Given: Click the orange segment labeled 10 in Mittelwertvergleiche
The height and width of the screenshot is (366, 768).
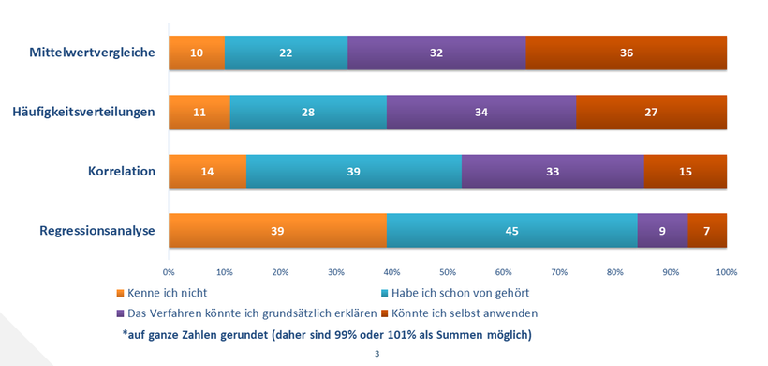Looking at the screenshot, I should (197, 53).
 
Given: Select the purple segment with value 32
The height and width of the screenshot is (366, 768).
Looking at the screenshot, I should (436, 53).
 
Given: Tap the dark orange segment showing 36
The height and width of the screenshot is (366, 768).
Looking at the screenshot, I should (627, 53).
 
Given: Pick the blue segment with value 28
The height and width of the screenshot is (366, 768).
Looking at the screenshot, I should (308, 113).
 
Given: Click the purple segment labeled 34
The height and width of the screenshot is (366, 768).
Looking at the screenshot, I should (481, 113).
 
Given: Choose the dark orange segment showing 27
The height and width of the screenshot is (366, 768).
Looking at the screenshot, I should (651, 113).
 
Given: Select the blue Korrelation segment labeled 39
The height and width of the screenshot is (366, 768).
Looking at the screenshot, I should (354, 172).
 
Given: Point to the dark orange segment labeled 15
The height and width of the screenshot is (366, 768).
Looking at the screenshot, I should (685, 172).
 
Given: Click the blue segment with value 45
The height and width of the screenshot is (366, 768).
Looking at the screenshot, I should (512, 231).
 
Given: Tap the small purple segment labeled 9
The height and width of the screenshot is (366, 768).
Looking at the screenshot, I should (662, 231).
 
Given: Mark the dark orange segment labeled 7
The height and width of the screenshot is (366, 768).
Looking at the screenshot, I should (707, 231).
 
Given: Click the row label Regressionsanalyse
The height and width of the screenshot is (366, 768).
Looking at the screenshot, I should (96, 231).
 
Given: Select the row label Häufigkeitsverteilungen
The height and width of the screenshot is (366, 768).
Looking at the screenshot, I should (83, 113).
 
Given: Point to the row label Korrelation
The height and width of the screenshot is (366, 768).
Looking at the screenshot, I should (121, 173).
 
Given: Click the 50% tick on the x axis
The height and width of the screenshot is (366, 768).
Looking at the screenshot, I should (448, 272).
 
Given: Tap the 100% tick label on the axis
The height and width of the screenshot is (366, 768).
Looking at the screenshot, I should (726, 272).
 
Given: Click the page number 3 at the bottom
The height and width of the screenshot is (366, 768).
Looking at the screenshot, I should (377, 354).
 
